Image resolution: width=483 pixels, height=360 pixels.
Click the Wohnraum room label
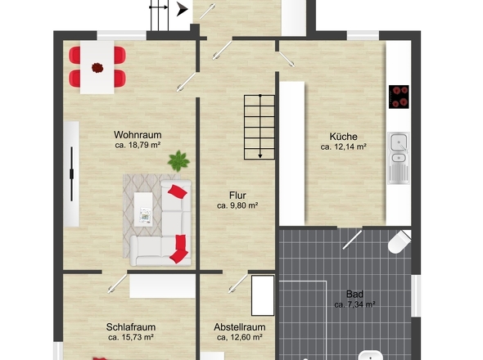138,135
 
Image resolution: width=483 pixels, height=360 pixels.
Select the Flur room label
237,196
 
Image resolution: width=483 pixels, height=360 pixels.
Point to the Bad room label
354,294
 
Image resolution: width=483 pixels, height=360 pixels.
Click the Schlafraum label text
131,326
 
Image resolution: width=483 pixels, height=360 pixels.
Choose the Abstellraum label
240,326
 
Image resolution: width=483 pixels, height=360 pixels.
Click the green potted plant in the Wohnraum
178,160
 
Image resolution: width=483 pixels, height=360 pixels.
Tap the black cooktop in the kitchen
399,97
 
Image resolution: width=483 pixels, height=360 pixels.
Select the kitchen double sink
399,158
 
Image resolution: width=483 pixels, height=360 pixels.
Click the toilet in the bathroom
399,242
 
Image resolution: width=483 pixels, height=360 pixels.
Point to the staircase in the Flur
260,127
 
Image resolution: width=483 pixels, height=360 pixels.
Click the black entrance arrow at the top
183,10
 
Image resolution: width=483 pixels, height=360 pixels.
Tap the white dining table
97,67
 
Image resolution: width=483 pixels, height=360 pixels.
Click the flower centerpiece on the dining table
97,67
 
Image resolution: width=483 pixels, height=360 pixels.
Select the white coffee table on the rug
143,209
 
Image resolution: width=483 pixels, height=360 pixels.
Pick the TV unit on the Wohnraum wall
71,174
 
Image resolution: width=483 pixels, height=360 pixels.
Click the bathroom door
352,239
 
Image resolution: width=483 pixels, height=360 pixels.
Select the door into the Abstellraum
237,283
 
